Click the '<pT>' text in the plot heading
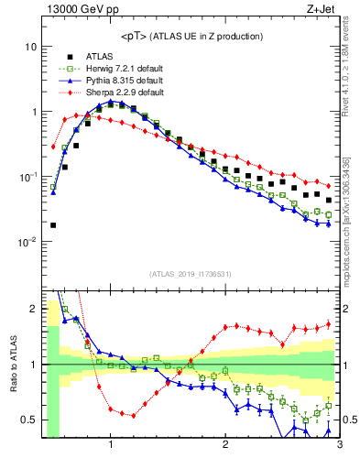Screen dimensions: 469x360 (x=136, y=36)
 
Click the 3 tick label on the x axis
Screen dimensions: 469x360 (x=339, y=446)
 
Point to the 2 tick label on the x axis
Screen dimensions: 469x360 (x=225, y=446)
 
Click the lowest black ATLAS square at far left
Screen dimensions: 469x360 (x=53, y=224)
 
